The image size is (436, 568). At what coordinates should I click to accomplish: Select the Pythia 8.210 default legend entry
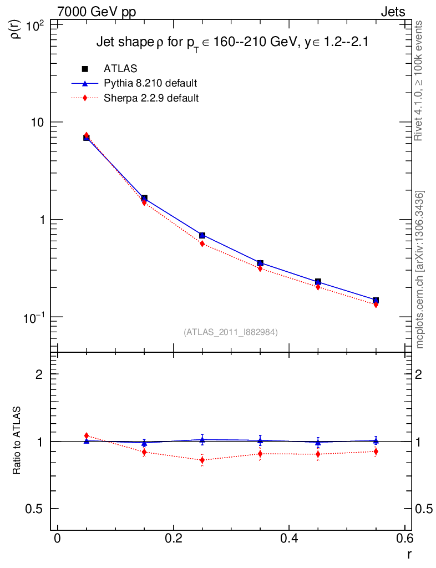point(150,84)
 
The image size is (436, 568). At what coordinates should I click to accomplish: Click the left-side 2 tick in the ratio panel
point(39,374)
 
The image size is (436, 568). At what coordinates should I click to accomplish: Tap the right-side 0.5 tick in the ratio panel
point(424,509)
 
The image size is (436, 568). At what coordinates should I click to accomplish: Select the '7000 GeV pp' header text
point(97,12)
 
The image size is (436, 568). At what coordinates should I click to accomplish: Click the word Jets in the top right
point(392,12)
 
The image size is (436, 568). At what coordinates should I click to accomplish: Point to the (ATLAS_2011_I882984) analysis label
point(231,332)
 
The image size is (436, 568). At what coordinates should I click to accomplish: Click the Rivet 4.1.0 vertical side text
point(419,80)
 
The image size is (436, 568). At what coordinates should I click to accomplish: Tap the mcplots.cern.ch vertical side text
point(419,269)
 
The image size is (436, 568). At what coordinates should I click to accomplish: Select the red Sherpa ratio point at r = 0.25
point(202,460)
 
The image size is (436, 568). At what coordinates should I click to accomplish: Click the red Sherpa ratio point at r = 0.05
point(87,436)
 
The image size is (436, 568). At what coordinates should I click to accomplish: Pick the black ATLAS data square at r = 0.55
point(376,300)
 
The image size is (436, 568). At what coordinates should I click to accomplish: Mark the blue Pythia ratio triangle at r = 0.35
point(260,441)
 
